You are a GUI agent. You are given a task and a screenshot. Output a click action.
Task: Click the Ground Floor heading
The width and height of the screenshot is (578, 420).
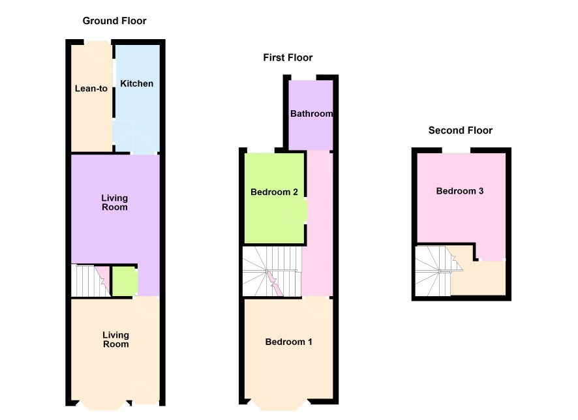coord(114,21)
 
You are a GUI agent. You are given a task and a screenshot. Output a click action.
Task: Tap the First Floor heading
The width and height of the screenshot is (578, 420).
coord(288,57)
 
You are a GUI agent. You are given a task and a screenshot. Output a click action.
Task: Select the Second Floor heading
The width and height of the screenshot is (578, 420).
coord(461,130)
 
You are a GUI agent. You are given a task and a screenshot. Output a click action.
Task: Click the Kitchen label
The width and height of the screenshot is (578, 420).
coord(137,83)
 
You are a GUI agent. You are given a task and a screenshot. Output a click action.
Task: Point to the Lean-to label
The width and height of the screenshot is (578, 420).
coord(91,89)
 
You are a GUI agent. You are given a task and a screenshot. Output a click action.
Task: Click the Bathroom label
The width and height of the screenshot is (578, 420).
coord(311,113)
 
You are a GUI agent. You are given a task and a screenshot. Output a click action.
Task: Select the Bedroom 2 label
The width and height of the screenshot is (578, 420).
coord(274,192)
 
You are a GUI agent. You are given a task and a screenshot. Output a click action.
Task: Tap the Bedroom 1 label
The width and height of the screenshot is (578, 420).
coord(288,342)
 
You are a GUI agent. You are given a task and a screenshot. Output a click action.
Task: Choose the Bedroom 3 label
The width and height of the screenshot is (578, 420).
coord(460,191)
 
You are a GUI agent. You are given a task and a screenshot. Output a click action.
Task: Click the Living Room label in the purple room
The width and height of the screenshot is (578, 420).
coord(115,203)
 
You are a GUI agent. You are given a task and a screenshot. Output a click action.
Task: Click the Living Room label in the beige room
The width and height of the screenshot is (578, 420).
coord(115,340)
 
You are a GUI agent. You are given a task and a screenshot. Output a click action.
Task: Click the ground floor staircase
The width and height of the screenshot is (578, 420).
coord(91,280)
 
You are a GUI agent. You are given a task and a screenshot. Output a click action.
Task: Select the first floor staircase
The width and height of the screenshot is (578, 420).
coord(272,271)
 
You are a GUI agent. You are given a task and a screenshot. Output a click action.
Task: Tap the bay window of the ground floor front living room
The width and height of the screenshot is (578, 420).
coord(104,406)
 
